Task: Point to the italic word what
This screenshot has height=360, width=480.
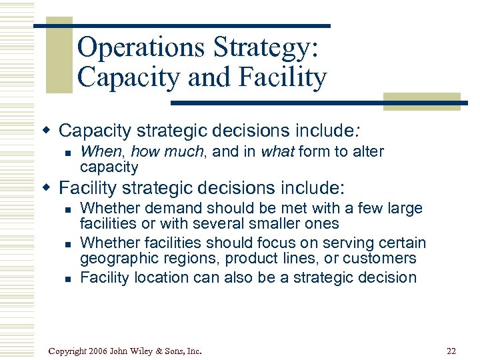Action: [x=277, y=151]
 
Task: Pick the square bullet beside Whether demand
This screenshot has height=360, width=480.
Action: [x=67, y=209]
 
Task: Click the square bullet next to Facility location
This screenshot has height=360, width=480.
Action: [x=67, y=278]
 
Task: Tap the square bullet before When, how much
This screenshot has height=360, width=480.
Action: [x=67, y=153]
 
